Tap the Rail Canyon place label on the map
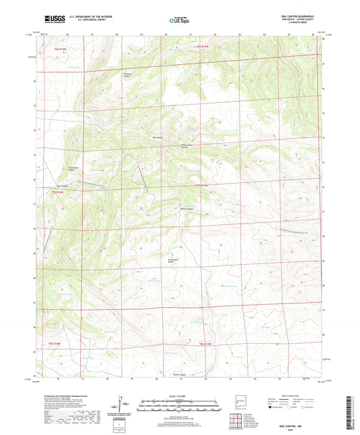tap(158, 138)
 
